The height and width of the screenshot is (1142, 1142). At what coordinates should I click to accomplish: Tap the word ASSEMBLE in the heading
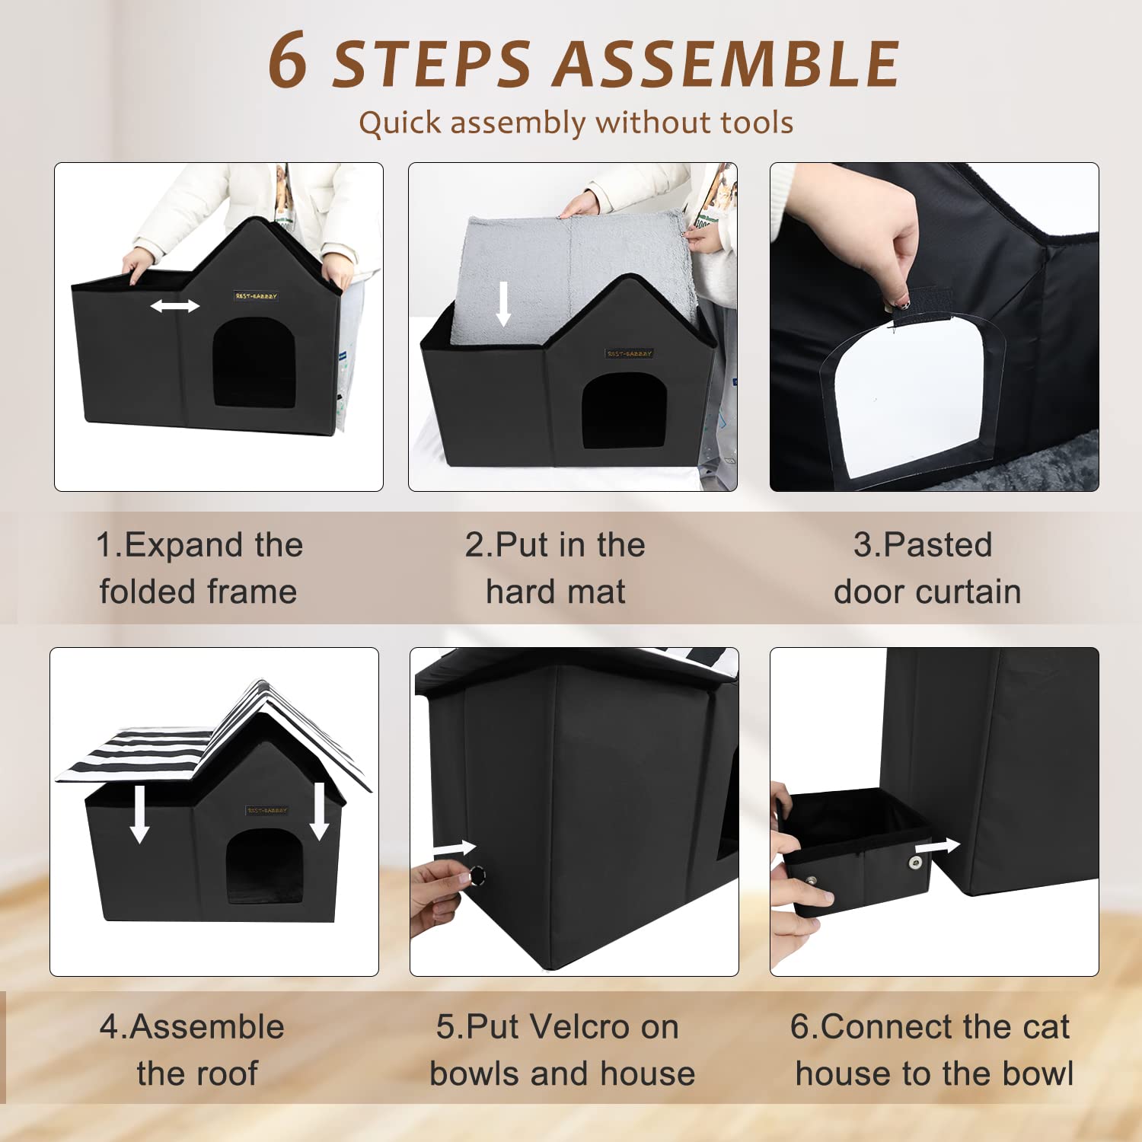point(726,63)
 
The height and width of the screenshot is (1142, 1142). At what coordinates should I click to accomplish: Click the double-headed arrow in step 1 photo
point(174,306)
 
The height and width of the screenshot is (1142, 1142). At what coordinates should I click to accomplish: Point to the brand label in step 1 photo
point(256,296)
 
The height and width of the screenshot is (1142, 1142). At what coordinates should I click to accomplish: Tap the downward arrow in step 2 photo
point(503,303)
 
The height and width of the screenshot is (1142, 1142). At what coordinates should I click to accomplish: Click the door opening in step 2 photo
point(624,410)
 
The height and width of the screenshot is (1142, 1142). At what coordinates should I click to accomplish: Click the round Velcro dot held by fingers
point(477,876)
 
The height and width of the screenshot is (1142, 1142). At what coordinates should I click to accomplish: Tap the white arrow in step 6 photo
point(937,847)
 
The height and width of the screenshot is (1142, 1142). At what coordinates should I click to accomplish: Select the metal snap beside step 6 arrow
point(914,863)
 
